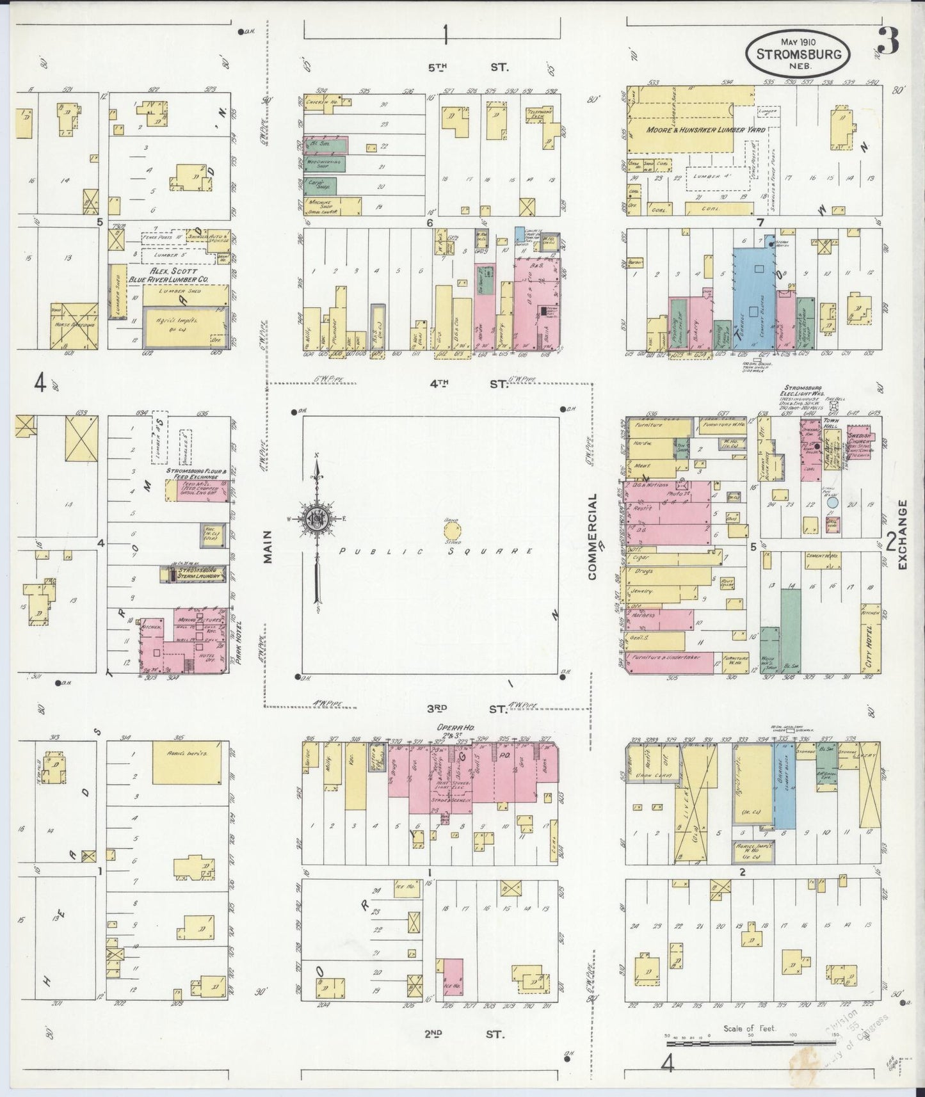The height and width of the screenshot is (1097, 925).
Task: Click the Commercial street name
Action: pyautogui.click(x=592, y=536)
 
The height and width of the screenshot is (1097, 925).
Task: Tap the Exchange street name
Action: pyautogui.click(x=903, y=535)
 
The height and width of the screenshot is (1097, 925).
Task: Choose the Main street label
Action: pyautogui.click(x=268, y=547)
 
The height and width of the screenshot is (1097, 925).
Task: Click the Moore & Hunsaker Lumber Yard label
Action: pyautogui.click(x=696, y=130)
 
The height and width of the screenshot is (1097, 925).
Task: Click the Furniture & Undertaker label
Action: pyautogui.click(x=666, y=657)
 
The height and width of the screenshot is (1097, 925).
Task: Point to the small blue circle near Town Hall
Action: pyautogui.click(x=832, y=502)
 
